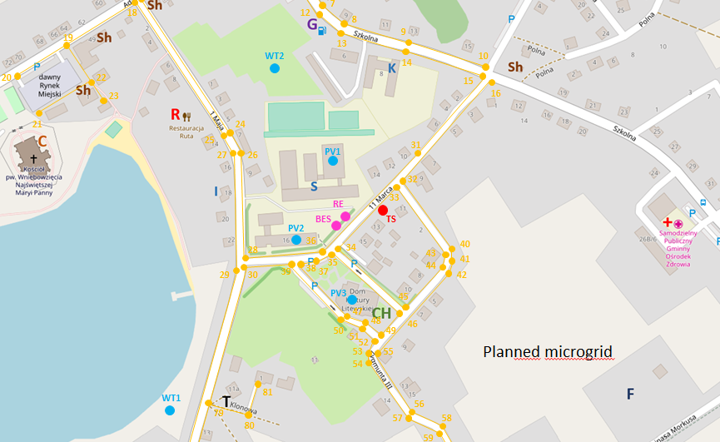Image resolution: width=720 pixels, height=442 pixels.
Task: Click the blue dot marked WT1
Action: pos(170,410)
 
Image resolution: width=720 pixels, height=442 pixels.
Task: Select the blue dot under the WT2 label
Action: pos(274,68)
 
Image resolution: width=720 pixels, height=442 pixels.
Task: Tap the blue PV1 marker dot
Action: pos(332,161)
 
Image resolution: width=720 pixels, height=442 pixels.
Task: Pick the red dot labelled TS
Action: pos(383,210)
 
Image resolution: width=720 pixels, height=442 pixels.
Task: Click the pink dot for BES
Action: pos(336,226)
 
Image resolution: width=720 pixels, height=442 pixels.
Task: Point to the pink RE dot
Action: pos(345,216)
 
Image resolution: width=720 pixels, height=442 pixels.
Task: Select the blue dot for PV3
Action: pos(352,299)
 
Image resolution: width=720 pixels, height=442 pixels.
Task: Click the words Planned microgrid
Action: pos(548,352)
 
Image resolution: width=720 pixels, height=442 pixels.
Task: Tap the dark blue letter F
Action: pos(629,393)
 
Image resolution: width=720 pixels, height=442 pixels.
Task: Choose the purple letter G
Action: pos(312,25)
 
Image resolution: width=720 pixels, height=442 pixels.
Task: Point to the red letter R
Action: pos(175,114)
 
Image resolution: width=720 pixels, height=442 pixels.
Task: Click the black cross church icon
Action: pos(34,157)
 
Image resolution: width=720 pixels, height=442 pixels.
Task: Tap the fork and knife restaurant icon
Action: pos(187,117)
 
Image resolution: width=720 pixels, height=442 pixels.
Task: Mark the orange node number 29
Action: pos(224,275)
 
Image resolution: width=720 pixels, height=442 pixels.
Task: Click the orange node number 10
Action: pos(484,56)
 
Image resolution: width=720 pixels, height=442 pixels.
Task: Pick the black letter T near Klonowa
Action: pos(226,401)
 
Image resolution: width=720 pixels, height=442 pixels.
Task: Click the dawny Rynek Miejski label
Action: pos(56,85)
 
